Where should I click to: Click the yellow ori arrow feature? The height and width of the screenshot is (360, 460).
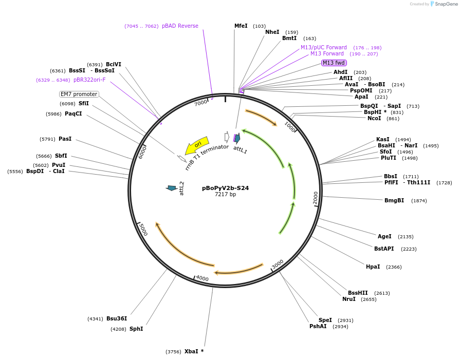(x=197, y=145)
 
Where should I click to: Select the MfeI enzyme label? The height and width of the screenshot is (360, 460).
(x=241, y=26)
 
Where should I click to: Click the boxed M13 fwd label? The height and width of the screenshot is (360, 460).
(x=334, y=63)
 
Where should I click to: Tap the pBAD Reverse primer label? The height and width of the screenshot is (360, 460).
(x=180, y=26)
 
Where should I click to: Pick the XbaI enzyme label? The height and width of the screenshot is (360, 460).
(x=191, y=351)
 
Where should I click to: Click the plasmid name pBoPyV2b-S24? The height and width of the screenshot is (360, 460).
(x=225, y=188)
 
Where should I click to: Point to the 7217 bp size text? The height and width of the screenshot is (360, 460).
(x=225, y=195)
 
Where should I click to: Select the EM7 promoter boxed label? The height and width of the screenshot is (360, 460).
(x=79, y=94)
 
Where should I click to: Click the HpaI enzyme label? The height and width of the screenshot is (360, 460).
(x=373, y=267)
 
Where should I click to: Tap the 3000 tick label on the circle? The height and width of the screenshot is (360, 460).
(x=278, y=264)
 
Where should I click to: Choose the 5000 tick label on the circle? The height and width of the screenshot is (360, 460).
(x=143, y=230)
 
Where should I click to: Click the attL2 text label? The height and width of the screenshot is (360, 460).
(x=181, y=188)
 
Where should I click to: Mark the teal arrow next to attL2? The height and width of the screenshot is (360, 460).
(x=172, y=188)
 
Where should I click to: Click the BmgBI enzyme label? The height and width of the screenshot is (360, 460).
(x=394, y=200)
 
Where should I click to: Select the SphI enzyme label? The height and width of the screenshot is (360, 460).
(x=136, y=329)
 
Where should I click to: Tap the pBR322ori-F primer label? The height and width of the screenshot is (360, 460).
(x=89, y=80)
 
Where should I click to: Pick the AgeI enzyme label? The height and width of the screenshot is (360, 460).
(x=384, y=236)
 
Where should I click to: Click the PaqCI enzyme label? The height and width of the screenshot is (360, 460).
(x=73, y=113)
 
